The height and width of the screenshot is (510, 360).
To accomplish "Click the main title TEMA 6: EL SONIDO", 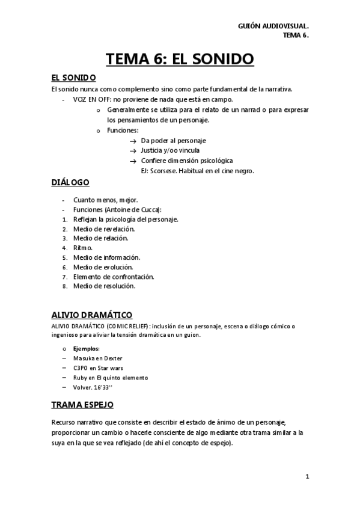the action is (x=180, y=59).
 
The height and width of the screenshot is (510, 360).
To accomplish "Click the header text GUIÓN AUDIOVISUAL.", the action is (x=273, y=26).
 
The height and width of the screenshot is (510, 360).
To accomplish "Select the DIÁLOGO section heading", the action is (x=70, y=182).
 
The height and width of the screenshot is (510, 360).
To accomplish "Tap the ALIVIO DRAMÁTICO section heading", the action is (x=91, y=315).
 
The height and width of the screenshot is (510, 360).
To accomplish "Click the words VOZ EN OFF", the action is (x=88, y=99).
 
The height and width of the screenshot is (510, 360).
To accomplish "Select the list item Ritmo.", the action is (x=83, y=248).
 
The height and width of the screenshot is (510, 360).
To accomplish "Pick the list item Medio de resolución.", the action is (x=104, y=286).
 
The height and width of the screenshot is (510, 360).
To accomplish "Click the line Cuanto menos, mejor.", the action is (x=105, y=200).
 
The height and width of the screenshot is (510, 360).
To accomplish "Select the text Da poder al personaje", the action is (x=173, y=140).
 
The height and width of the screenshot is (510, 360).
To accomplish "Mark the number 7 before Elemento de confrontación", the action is (x=64, y=277).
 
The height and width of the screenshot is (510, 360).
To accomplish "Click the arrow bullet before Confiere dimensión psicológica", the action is (x=133, y=161).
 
